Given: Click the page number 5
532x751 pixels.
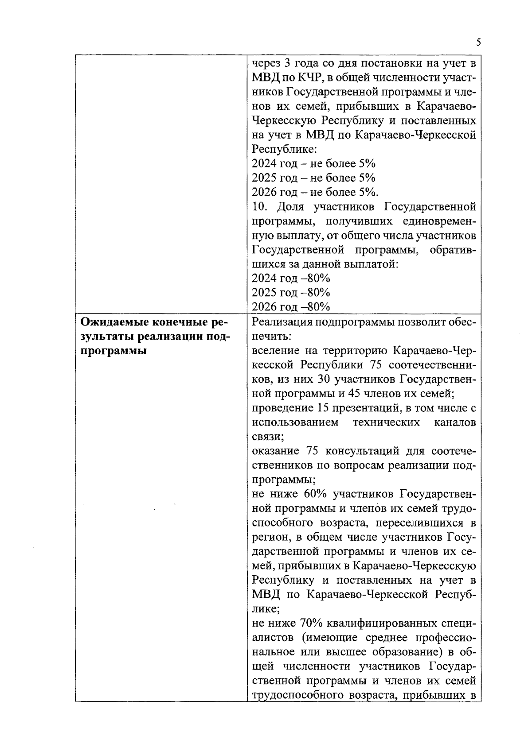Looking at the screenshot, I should coord(478,43).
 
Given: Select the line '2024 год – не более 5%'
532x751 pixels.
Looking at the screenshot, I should coord(313,163).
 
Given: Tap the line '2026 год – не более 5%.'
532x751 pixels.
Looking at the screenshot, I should coord(315,192).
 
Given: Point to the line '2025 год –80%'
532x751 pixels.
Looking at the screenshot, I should coord(291,292).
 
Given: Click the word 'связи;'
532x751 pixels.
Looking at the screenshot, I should coord(268,437).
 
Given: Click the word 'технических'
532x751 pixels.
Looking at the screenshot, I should coord(386,422).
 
